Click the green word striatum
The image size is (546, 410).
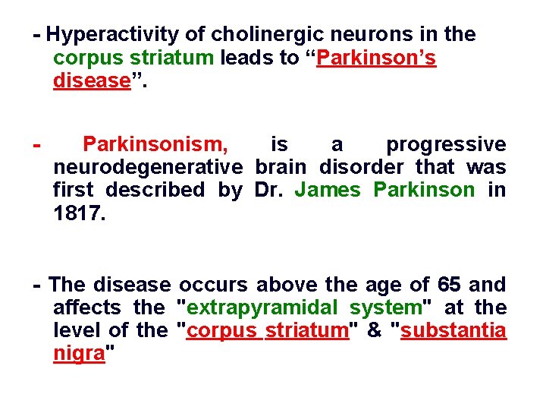tap(171, 58)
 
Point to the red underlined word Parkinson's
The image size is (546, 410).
tap(377, 58)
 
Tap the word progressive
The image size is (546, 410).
tap(445, 144)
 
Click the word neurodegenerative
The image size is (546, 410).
tap(147, 167)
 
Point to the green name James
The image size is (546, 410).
tap(327, 190)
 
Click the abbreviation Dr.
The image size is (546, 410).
tap(268, 190)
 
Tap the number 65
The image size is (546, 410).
tap(450, 285)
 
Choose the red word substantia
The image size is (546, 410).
tap(453, 330)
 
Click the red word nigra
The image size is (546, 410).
tap(78, 353)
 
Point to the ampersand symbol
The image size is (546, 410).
tap(374, 330)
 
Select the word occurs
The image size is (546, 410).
tap(213, 285)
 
